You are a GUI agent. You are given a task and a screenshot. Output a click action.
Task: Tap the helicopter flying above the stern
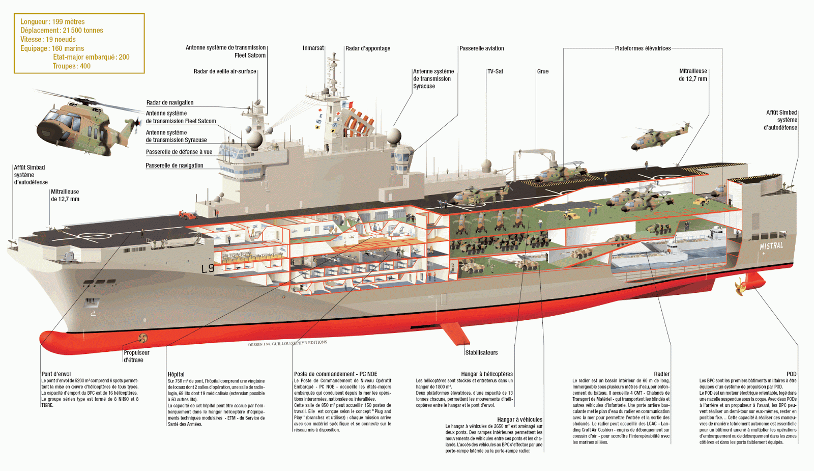(659, 136)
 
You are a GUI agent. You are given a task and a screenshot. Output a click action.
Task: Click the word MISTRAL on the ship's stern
(771, 246)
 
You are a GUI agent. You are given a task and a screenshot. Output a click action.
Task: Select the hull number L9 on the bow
(208, 268)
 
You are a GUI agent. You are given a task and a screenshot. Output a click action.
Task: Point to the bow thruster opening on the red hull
(143, 338)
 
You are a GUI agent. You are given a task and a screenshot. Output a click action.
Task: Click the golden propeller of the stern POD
(740, 287)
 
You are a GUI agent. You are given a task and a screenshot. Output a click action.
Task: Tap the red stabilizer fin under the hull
(454, 333)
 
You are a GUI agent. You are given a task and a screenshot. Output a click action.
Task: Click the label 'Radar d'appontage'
(368, 48)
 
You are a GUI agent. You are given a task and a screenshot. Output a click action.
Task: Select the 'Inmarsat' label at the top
(313, 48)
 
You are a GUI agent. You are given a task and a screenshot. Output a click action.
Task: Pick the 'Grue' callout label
(543, 71)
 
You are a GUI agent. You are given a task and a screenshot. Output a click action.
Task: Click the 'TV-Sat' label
(495, 71)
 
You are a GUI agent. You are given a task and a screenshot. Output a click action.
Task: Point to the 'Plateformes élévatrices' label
(643, 48)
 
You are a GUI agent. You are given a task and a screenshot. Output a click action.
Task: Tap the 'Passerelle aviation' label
(482, 48)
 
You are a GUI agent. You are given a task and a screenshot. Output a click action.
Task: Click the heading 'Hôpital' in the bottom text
(176, 374)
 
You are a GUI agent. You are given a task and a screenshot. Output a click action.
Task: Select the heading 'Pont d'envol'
(56, 374)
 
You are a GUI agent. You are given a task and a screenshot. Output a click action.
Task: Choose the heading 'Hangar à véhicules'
(519, 420)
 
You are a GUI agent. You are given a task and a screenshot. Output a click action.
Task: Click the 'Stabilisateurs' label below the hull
(481, 352)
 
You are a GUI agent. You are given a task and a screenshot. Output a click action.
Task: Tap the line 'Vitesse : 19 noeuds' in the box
(48, 39)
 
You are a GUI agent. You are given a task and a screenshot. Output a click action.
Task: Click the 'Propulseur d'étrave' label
(136, 356)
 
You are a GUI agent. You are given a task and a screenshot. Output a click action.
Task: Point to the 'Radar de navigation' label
(170, 103)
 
